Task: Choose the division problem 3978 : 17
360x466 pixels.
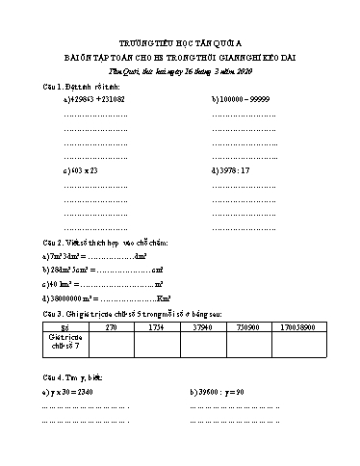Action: (x=228, y=169)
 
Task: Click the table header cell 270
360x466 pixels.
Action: (x=111, y=328)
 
